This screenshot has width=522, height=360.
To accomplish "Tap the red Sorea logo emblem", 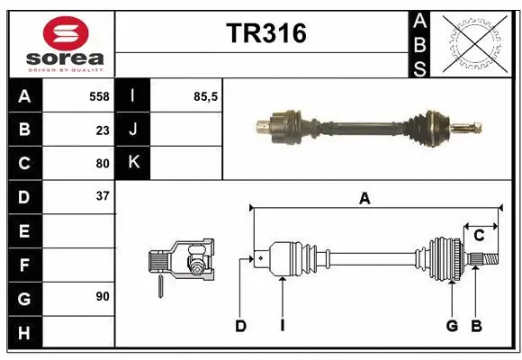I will click(66, 35).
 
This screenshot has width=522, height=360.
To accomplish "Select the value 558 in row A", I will click(98, 96).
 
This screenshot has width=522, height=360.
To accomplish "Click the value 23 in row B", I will click(102, 130).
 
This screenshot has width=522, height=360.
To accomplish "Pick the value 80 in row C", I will click(102, 164).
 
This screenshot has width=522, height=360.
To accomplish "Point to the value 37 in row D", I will click(102, 196).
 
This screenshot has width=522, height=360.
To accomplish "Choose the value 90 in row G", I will click(102, 296).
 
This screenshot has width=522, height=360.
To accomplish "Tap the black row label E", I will click(24, 231).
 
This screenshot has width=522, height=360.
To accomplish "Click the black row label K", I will click(133, 163).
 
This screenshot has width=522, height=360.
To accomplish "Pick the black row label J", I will click(133, 130).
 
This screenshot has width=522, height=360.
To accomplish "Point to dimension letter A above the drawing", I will click(364, 199).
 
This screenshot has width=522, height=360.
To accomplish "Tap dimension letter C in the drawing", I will click(479, 235).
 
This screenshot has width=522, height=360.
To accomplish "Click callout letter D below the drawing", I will click(240, 326).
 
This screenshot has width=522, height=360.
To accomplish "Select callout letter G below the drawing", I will click(452, 326).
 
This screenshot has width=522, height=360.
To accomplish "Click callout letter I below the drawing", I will click(282, 326).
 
